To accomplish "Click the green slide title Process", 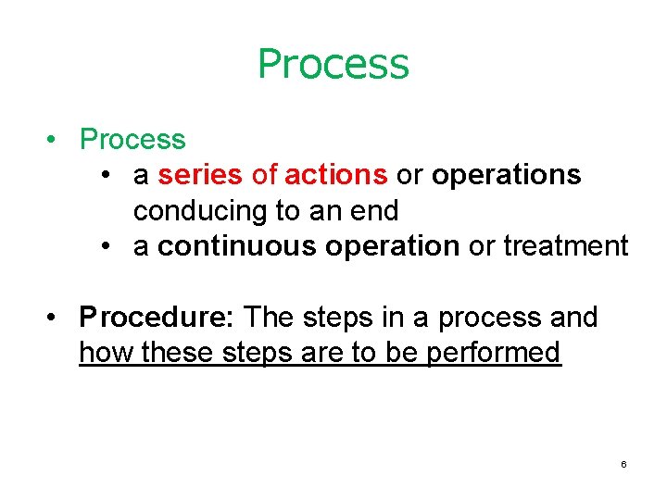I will [333, 64].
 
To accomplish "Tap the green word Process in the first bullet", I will [132, 140].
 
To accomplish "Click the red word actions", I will [336, 175].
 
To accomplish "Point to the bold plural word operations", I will [506, 175].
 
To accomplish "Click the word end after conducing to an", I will [375, 211].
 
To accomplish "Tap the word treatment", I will [565, 246].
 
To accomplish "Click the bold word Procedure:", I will [158, 318].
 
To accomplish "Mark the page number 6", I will [623, 463].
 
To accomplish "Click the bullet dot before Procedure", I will [57, 319].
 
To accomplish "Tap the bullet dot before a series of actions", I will [109, 176].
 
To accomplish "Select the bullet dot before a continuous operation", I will [109, 247].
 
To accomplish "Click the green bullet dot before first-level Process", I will [57, 141].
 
